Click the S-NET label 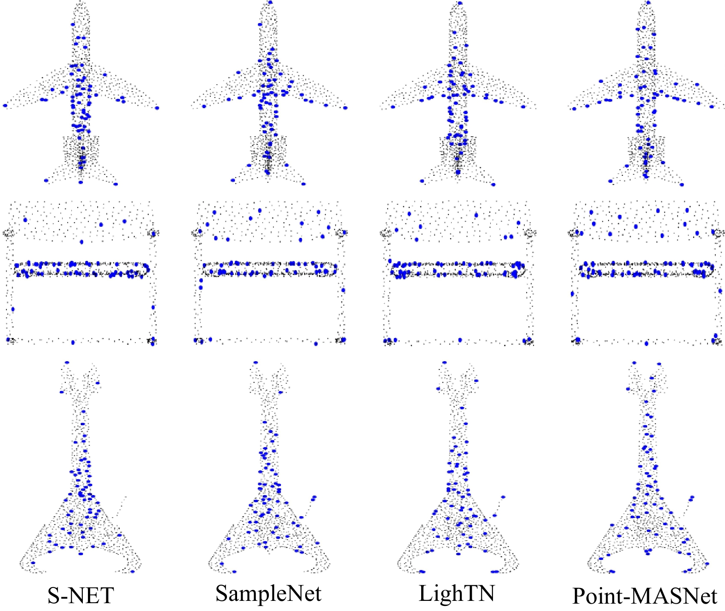pyautogui.click(x=81, y=596)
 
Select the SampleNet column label pyautogui.click(x=268, y=594)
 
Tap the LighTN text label pyautogui.click(x=457, y=593)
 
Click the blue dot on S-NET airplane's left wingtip pyautogui.click(x=5, y=106)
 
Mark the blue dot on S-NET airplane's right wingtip pyautogui.click(x=157, y=108)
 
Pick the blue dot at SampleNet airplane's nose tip pyautogui.click(x=270, y=3)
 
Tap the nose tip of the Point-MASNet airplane pyautogui.click(x=649, y=3)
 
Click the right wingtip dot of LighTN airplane pyautogui.click(x=523, y=107)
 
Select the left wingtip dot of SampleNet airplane pyautogui.click(x=204, y=106)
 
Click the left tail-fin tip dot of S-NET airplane pyautogui.click(x=46, y=181)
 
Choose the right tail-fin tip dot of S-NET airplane pyautogui.click(x=116, y=184)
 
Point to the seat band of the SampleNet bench pyautogui.click(x=269, y=269)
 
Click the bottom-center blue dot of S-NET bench pyautogui.click(x=73, y=342)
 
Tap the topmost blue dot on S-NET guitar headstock pyautogui.click(x=67, y=363)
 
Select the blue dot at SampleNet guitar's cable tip pyautogui.click(x=314, y=497)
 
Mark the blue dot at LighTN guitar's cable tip pyautogui.click(x=503, y=497)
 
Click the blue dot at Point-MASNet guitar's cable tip pyautogui.click(x=691, y=497)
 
